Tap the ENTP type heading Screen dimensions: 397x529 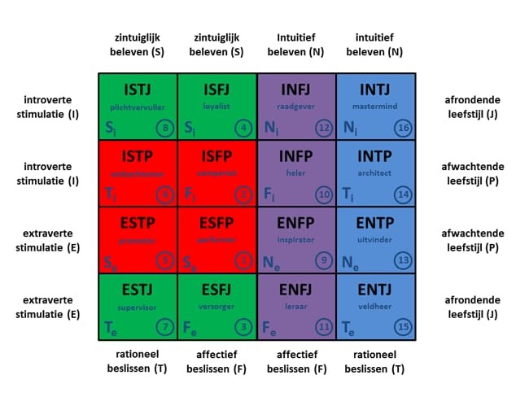coord(376,223)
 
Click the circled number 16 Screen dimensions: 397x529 coord(403,128)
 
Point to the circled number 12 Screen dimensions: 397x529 coord(323,128)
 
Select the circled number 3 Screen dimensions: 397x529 coord(243,327)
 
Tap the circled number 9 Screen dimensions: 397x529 coord(323,260)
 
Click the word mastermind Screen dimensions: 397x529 coord(376,107)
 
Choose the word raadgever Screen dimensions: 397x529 coord(296,107)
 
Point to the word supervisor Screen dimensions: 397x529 coord(138,307)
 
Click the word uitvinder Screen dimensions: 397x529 coord(376,239)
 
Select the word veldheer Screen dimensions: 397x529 coord(376,307)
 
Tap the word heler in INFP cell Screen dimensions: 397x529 coord(296,172)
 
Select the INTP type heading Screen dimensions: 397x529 coord(376,156)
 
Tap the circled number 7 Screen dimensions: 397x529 coord(164,327)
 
